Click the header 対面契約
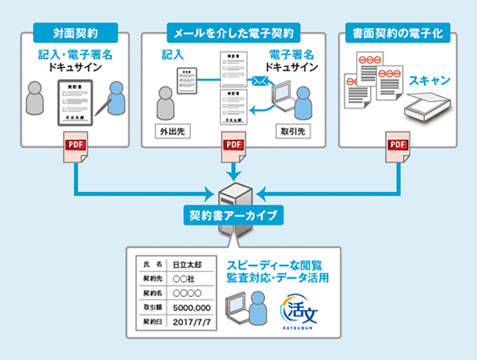click(x=76, y=32)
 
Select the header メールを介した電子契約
click(x=233, y=32)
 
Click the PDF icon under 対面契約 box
click(x=75, y=146)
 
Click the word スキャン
click(x=429, y=80)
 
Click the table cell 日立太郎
click(x=187, y=264)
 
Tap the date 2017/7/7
click(x=189, y=322)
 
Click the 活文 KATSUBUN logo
click(x=299, y=310)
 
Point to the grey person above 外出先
click(x=165, y=102)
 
